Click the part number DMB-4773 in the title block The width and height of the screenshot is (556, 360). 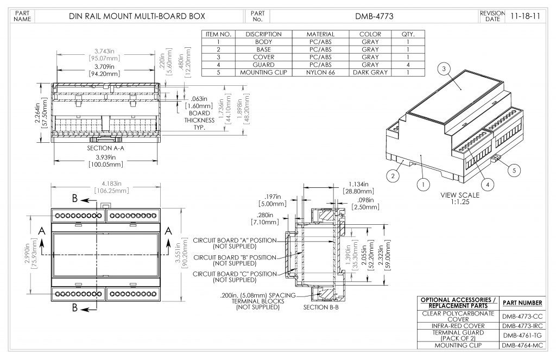point(375,16)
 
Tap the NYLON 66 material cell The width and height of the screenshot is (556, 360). point(320,72)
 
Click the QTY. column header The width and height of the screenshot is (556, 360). point(408,34)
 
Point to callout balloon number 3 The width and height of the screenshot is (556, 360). point(444,68)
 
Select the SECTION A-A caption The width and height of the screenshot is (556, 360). point(106,148)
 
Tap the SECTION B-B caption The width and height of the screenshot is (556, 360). point(321,307)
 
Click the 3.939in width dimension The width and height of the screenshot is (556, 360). point(106,157)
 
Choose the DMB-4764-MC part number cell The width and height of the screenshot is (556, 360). point(522,345)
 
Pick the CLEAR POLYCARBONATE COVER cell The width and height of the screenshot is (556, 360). point(458,316)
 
